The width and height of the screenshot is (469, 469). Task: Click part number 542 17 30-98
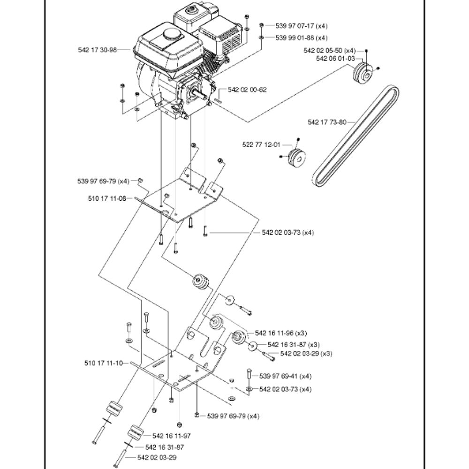click(x=97, y=49)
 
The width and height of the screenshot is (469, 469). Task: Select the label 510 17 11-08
click(x=107, y=198)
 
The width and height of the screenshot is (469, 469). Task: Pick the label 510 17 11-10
click(x=104, y=363)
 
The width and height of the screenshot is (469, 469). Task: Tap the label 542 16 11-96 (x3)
click(x=280, y=333)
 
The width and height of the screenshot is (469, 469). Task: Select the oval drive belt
click(x=354, y=138)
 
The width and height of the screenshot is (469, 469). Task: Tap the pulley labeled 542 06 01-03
click(x=362, y=73)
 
